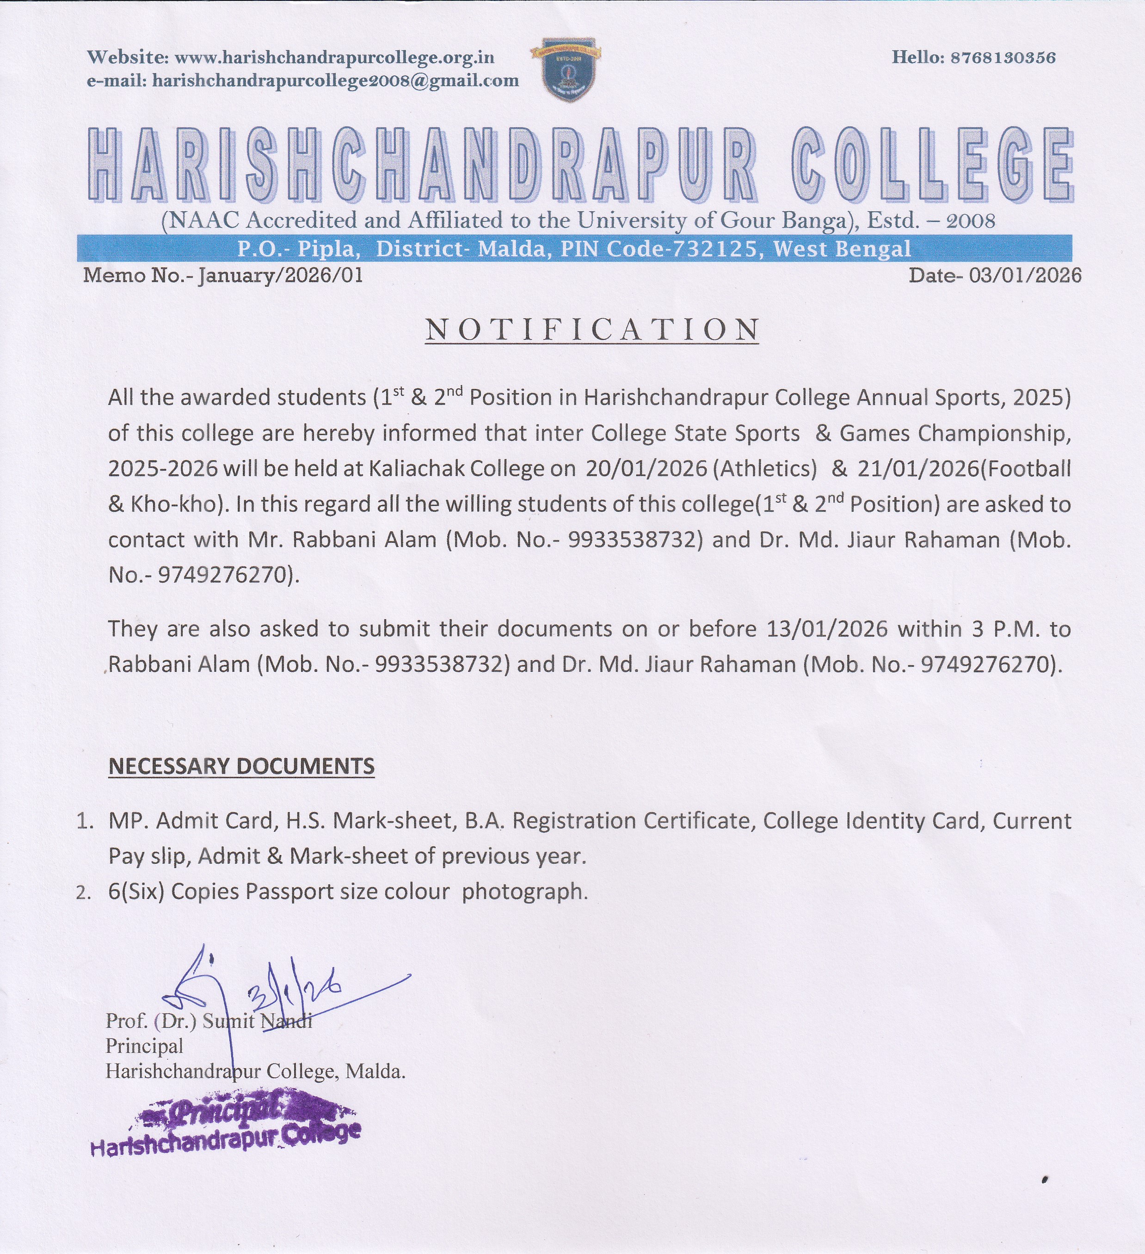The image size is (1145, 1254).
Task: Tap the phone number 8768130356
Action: click(1003, 58)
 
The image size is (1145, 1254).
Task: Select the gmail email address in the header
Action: click(335, 81)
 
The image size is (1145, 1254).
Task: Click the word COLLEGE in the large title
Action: click(933, 165)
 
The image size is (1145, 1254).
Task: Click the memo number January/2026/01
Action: click(280, 275)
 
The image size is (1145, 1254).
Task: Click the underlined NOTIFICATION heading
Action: click(592, 330)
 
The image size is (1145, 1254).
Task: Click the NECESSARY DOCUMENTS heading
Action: click(241, 766)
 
